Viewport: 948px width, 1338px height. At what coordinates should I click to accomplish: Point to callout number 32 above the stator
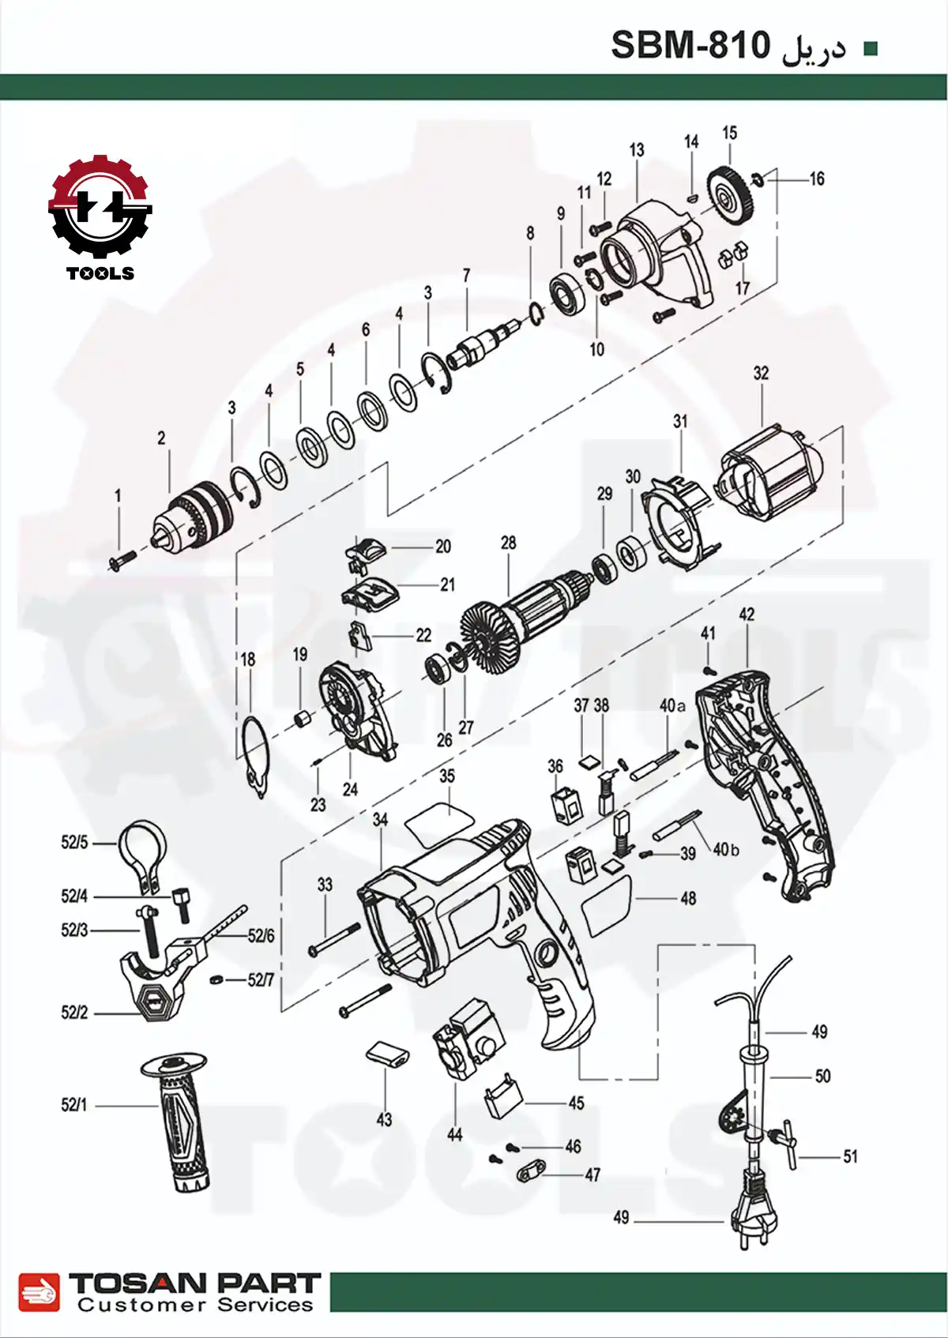(761, 373)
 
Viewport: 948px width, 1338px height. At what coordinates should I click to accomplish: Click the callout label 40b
(725, 850)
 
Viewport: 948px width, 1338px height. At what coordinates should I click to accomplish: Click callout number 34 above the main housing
(380, 820)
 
